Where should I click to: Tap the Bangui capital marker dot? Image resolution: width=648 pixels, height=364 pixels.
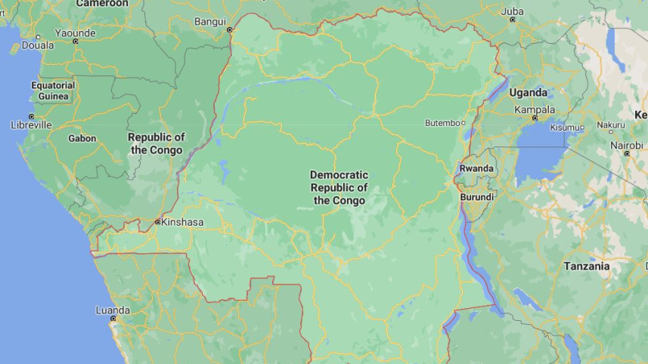[x=230, y=29]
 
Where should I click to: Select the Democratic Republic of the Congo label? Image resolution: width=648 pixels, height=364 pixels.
[x=339, y=187]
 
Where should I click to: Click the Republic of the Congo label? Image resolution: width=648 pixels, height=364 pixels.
[x=156, y=143]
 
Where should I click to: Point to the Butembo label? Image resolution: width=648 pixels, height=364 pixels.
[x=442, y=122]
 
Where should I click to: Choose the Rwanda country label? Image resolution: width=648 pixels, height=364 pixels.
[x=476, y=168]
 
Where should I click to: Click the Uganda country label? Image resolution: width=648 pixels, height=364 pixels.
[x=528, y=93]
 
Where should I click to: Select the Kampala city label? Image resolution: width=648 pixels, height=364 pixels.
[x=535, y=110]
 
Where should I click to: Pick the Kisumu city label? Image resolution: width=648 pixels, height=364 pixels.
[x=565, y=128]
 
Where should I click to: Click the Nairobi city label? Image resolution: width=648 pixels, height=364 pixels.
[x=627, y=144]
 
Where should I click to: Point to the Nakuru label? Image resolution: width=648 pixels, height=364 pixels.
[x=611, y=125]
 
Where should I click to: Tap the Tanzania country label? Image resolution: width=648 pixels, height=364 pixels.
[x=586, y=266]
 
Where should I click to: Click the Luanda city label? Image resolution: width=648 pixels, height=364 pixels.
[x=113, y=310]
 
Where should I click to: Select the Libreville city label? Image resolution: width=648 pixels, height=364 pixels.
[x=31, y=125]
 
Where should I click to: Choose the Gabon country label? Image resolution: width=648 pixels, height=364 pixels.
[x=82, y=138]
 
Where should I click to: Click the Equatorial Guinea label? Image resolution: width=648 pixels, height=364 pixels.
[x=53, y=91]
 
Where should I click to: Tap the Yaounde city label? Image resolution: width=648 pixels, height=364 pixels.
[x=75, y=33]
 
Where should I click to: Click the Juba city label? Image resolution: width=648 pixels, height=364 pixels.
[x=512, y=11]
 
